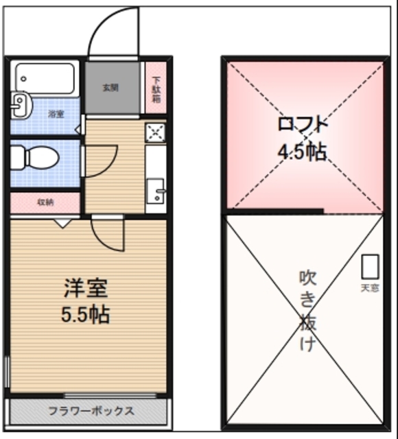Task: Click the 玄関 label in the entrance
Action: point(110,88)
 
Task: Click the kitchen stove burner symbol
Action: point(155,132)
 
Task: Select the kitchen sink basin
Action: point(156,188)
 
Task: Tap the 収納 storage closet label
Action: point(46,202)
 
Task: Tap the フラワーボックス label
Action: point(91,412)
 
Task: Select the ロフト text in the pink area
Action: point(302,125)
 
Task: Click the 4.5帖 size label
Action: point(302,152)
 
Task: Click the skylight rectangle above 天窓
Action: point(370,267)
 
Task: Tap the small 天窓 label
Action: point(370,287)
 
